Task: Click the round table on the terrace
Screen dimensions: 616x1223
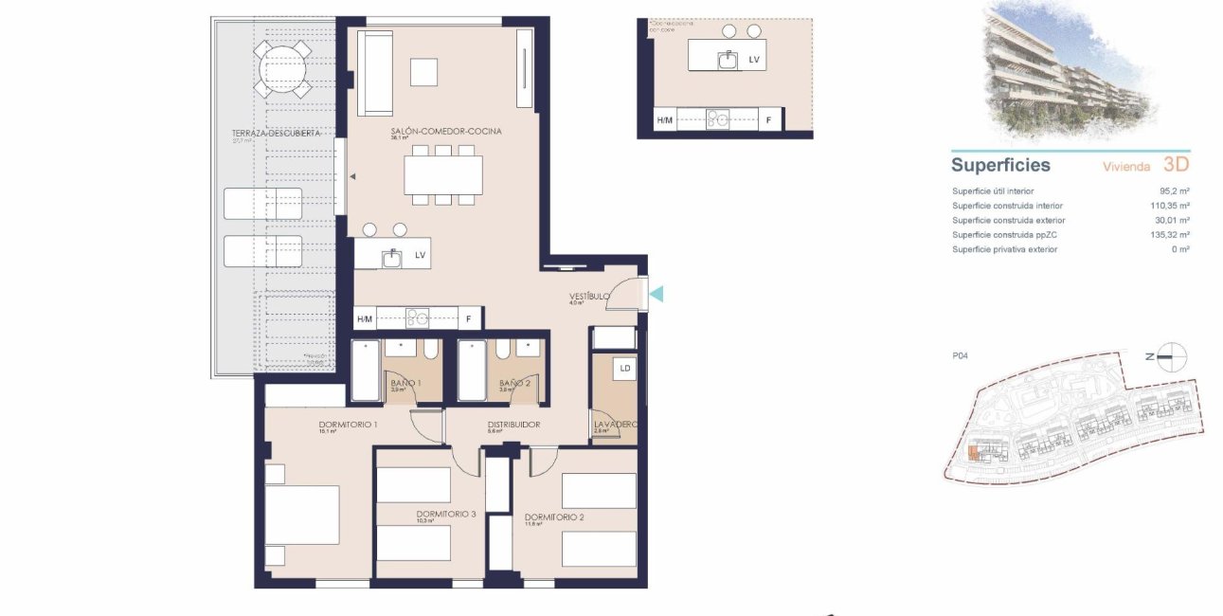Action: [x=281, y=69]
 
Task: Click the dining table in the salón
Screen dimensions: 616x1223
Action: [x=442, y=175]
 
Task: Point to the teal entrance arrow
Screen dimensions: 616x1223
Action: [x=656, y=295]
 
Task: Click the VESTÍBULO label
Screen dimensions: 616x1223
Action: [x=589, y=297]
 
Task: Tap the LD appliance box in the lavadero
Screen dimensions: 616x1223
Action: [x=624, y=368]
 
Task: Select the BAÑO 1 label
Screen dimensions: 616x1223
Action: [x=406, y=383]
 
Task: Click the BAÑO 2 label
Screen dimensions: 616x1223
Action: [x=514, y=383]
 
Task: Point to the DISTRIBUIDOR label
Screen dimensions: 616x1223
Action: [x=513, y=425]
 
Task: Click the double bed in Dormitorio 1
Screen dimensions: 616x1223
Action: [x=302, y=515]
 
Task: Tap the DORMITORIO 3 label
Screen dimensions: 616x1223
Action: [x=445, y=514]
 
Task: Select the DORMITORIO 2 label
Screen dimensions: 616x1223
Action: [x=554, y=517]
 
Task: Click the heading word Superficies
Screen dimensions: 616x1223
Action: [x=1000, y=165]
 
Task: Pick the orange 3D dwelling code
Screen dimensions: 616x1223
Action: [x=1176, y=165]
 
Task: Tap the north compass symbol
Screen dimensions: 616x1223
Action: [x=1173, y=356]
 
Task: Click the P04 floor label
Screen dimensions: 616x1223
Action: [x=960, y=356]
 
